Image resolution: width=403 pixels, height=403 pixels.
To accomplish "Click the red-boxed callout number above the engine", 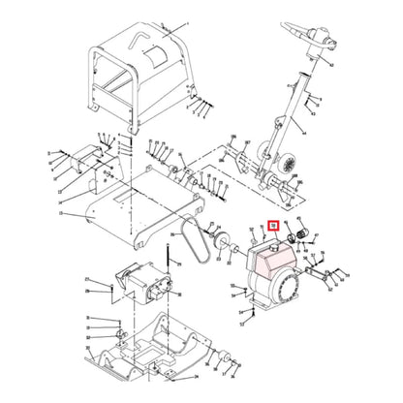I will pos(273,227).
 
